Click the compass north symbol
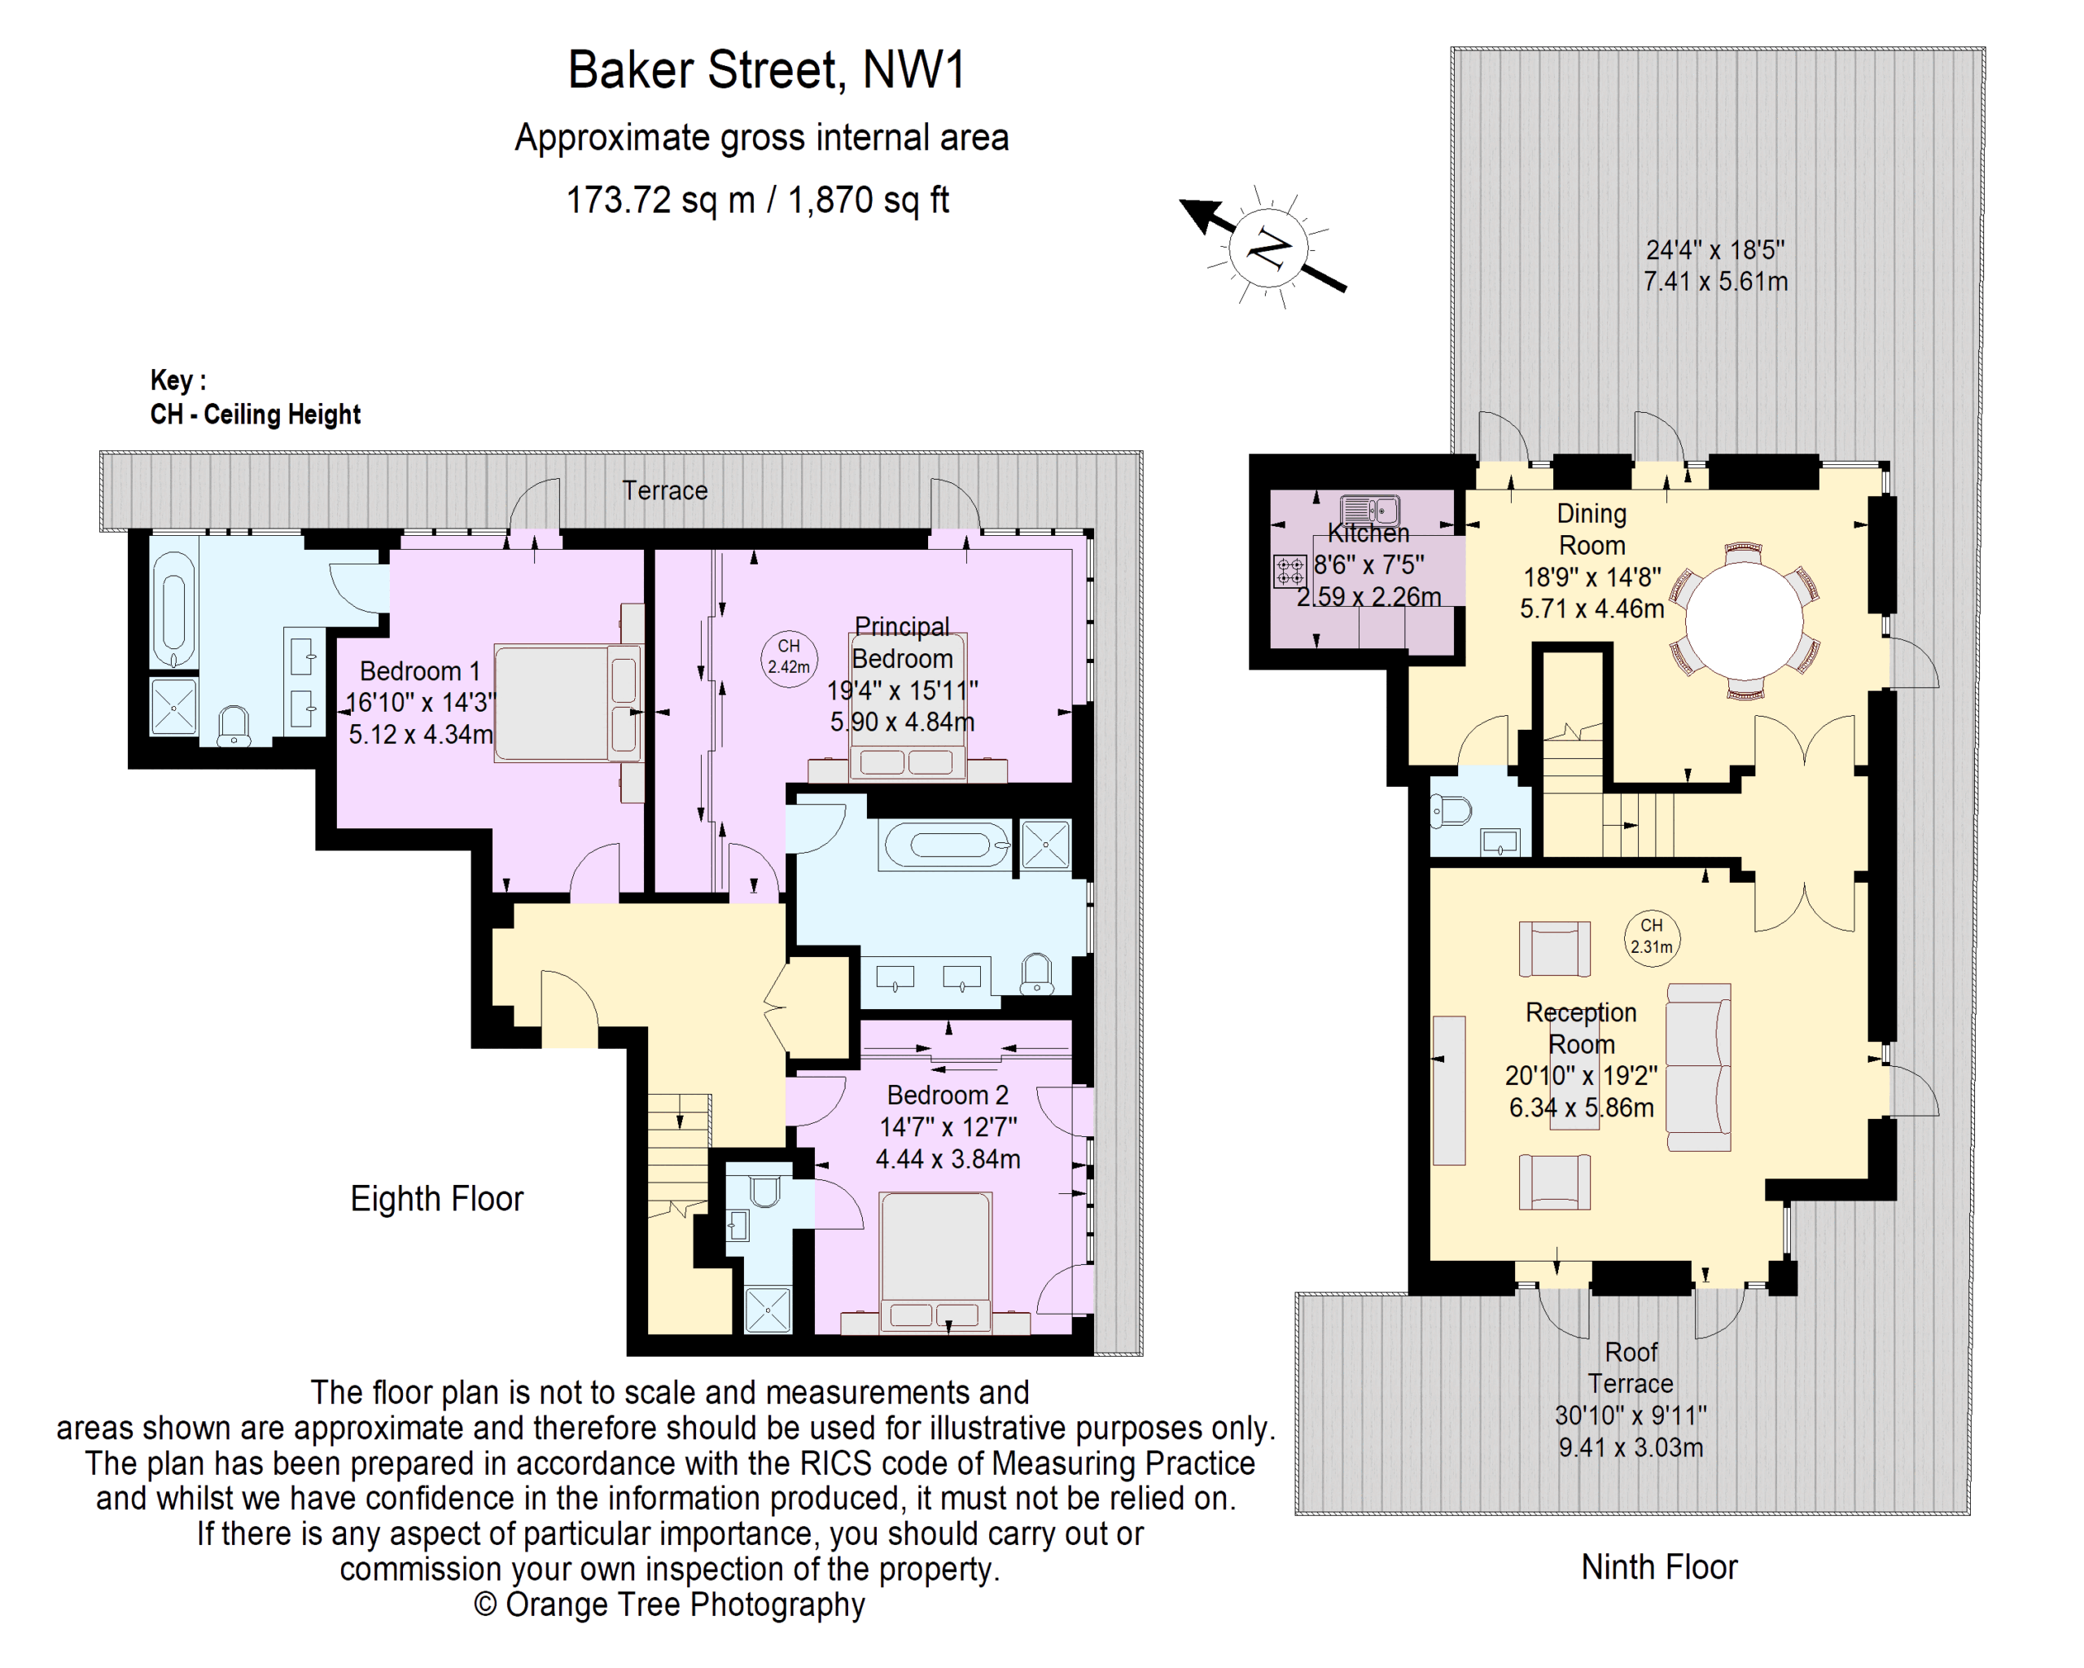pyautogui.click(x=1268, y=248)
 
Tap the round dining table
pyautogui.click(x=1744, y=621)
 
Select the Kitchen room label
pyautogui.click(x=1368, y=533)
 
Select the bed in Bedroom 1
pyautogui.click(x=567, y=704)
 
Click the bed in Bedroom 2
pyautogui.click(x=935, y=1261)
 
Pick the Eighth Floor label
pyautogui.click(x=436, y=1199)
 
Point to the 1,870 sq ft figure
pyautogui.click(x=868, y=200)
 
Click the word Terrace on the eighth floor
pyautogui.click(x=664, y=490)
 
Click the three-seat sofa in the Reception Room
pyautogui.click(x=1698, y=1068)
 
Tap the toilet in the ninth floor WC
pyautogui.click(x=1451, y=810)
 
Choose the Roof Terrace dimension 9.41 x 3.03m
pyautogui.click(x=1631, y=1447)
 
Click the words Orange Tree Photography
pyautogui.click(x=685, y=1604)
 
